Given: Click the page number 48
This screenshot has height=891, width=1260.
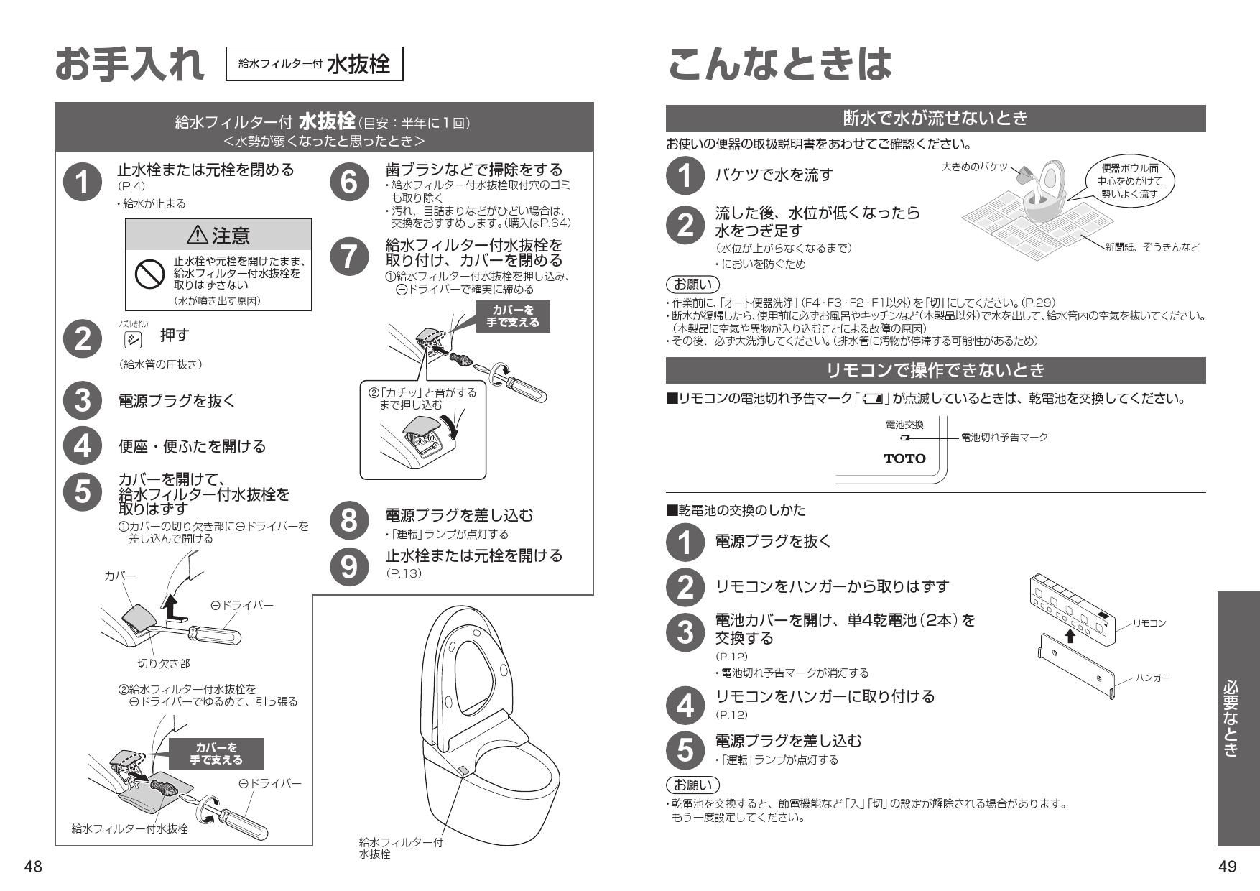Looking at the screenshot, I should (x=33, y=867).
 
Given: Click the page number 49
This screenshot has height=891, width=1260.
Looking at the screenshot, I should (x=1228, y=867).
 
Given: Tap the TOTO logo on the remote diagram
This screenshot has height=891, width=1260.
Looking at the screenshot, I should (x=904, y=458).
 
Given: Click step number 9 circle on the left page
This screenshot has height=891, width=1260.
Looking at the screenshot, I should (x=348, y=566).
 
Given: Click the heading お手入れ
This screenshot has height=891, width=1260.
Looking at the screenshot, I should (x=129, y=65).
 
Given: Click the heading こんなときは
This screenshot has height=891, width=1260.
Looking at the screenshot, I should (x=779, y=65).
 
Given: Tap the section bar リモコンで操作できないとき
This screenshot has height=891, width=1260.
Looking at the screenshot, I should (x=935, y=370).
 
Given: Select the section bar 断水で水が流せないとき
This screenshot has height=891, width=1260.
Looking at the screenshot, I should (x=935, y=118).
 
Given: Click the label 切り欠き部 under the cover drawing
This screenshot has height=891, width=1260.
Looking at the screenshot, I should (x=164, y=663).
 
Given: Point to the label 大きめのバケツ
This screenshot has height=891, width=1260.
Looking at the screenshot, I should (x=974, y=166).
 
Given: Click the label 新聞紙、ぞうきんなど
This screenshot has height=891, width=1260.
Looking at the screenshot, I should (x=1152, y=247).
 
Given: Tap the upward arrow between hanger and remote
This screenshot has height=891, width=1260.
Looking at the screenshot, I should (x=1070, y=635).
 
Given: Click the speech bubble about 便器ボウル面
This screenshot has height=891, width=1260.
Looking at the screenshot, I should (x=1131, y=181).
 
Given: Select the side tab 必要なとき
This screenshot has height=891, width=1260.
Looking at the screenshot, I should (x=1238, y=719).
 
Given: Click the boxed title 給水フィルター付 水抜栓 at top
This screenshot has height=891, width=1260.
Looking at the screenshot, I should (x=314, y=64).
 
